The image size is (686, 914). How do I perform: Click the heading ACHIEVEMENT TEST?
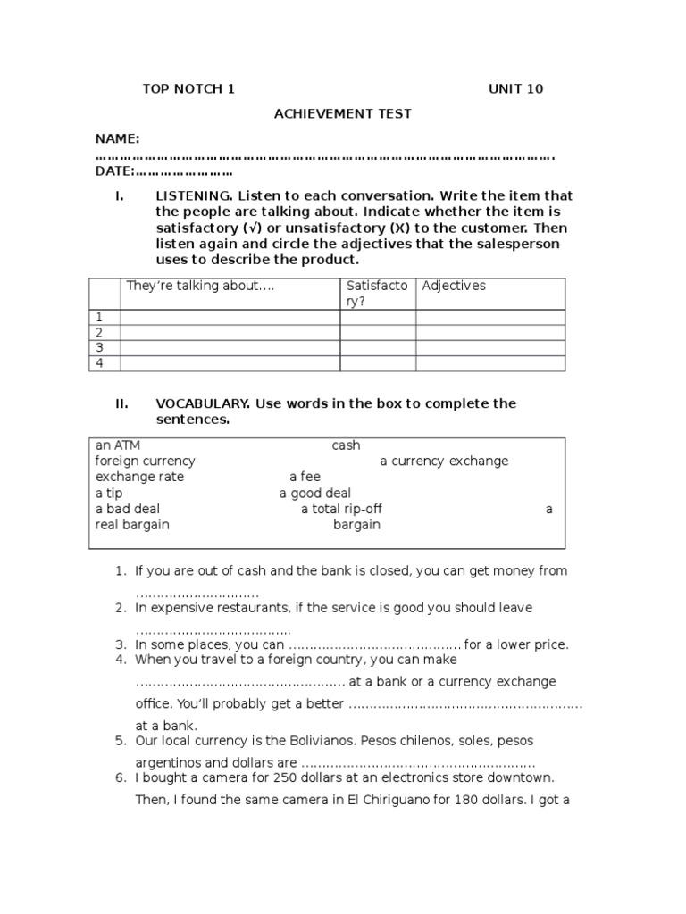[342, 113]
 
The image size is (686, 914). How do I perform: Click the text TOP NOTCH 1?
[188, 88]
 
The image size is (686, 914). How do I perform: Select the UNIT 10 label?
[515, 88]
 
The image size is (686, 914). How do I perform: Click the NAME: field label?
[117, 138]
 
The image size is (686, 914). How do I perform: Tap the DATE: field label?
[115, 171]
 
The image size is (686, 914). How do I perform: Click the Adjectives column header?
[454, 286]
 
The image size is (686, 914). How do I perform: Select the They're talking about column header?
[200, 286]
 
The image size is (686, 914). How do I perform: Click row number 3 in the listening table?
[101, 347]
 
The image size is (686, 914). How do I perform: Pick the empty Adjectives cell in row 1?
[489, 317]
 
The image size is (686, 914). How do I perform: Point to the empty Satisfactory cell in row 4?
[377, 363]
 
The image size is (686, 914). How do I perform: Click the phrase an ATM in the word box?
[118, 445]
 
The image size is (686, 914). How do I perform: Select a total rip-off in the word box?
[347, 509]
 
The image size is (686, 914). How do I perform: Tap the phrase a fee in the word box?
[305, 477]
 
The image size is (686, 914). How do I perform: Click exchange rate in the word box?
[139, 477]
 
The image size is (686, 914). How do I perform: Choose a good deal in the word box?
[314, 493]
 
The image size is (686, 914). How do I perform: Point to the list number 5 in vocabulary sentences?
[120, 741]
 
